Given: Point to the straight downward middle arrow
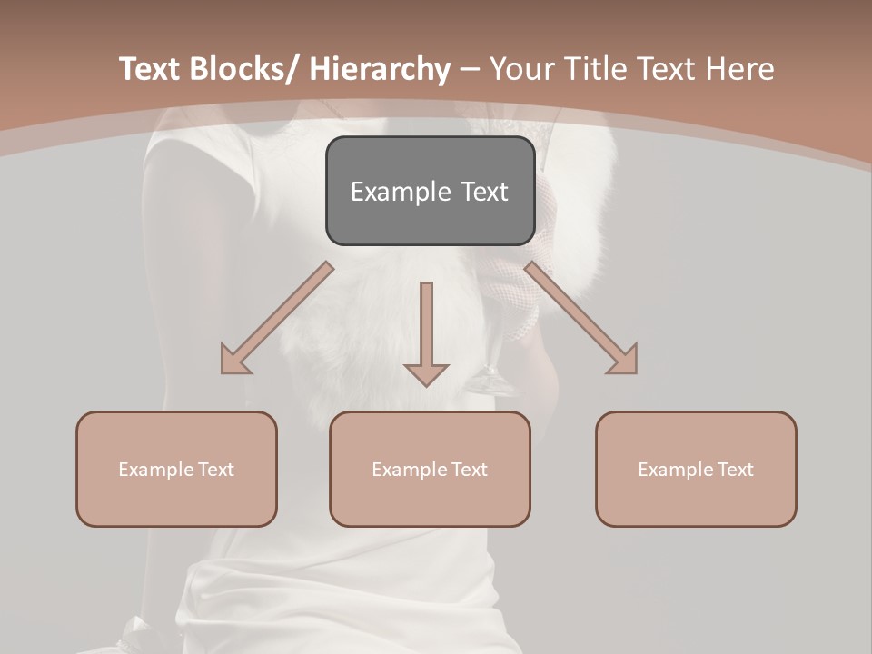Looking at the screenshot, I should pyautogui.click(x=426, y=327).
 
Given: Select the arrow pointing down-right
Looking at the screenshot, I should pyautogui.click(x=581, y=318).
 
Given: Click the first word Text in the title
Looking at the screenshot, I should pyautogui.click(x=151, y=70).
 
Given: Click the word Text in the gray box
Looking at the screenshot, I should pyautogui.click(x=483, y=193).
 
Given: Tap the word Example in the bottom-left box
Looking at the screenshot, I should pyautogui.click(x=156, y=470).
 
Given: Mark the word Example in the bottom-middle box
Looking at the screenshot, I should pyautogui.click(x=410, y=470).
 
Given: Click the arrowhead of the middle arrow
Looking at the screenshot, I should pyautogui.click(x=426, y=373).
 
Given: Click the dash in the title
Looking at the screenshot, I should pyautogui.click(x=470, y=70).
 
